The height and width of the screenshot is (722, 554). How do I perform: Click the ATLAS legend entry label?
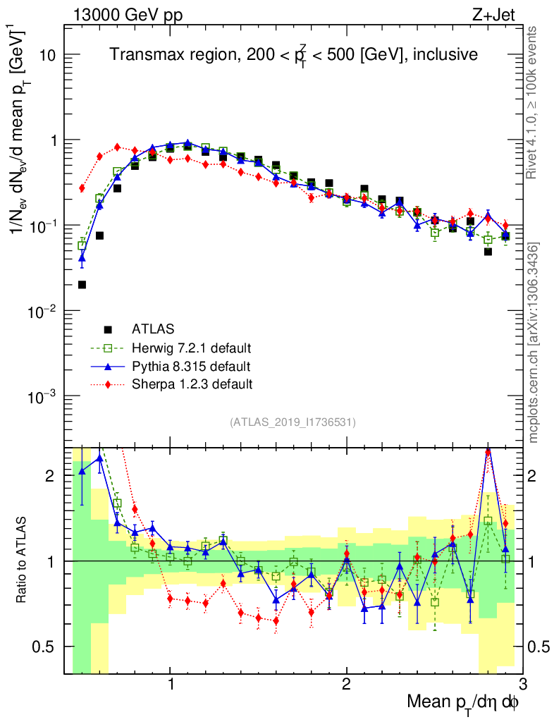(153, 329)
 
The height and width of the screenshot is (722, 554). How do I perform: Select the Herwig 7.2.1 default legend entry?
(192, 348)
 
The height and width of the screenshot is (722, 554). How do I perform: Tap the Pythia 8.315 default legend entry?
(190, 366)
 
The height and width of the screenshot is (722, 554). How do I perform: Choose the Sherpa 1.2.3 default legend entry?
(191, 384)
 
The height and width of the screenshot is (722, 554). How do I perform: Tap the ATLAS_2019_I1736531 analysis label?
(293, 422)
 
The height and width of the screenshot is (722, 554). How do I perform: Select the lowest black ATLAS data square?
(82, 285)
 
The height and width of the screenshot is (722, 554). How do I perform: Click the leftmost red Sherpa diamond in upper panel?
(82, 188)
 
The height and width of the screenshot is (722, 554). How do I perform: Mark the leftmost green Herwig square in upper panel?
(82, 245)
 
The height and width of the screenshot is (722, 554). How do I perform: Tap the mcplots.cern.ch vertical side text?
(534, 343)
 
